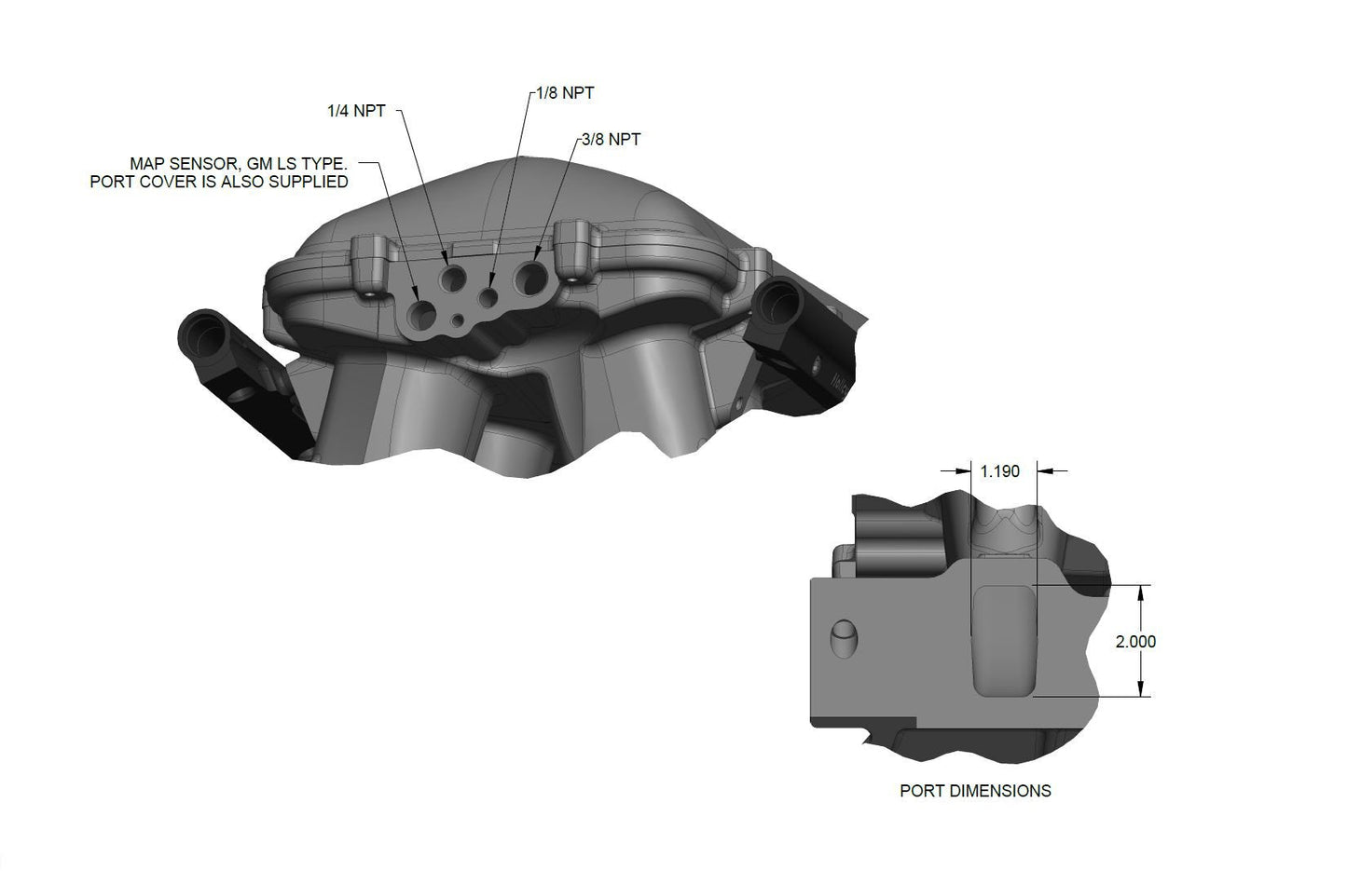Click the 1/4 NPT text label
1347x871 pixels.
coord(356,111)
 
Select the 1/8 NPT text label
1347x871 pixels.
coord(565,93)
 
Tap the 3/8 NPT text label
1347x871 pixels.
coord(611,140)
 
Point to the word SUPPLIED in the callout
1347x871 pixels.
coord(308,182)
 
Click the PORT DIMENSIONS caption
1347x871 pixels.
coord(975,791)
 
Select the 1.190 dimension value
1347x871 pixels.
coord(1000,471)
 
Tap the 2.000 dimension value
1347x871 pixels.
coord(1135,642)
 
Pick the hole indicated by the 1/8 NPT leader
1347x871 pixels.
coord(489,296)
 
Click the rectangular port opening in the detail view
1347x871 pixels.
coord(1003,641)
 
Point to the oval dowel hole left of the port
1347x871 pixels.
coord(844,638)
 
